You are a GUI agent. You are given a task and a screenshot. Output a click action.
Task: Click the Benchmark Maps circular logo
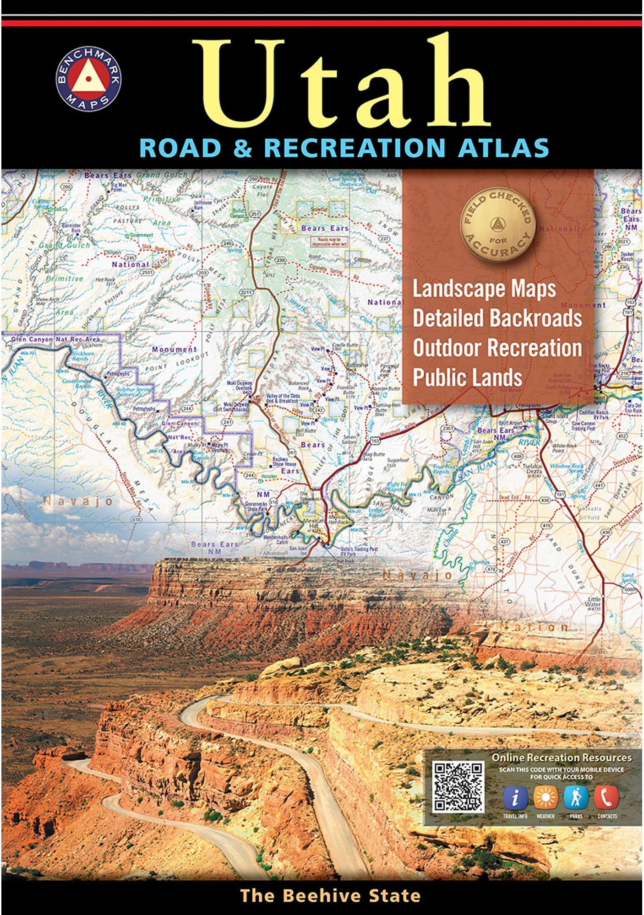88,83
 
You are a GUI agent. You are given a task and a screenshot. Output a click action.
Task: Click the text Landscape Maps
484,290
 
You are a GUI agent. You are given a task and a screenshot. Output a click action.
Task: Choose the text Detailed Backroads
497,318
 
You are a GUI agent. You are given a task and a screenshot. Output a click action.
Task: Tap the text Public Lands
467,377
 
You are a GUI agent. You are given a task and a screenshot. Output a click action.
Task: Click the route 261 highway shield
292,452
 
